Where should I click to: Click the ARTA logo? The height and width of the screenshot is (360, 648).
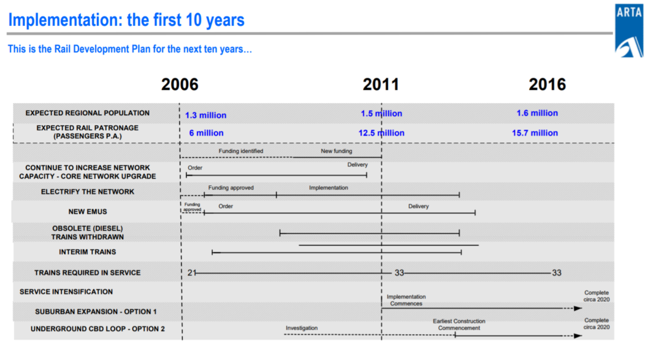629,30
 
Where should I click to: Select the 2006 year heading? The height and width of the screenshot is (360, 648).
180,84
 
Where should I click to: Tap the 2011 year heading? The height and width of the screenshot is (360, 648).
381,84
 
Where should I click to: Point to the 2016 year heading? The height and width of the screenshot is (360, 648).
547,84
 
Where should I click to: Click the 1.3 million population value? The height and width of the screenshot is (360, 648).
206,115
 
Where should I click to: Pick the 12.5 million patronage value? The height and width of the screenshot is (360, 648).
382,133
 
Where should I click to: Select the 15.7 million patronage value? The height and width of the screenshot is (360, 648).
535,133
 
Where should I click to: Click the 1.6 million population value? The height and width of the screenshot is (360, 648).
537,113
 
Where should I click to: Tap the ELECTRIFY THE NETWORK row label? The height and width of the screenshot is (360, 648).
87,192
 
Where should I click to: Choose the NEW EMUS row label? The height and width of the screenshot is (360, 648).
87,211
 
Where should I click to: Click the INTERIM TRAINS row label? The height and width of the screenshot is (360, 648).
87,252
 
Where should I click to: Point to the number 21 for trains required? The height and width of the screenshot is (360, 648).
191,273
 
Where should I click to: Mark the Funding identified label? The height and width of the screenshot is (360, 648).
241,151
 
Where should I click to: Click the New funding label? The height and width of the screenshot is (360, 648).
337,151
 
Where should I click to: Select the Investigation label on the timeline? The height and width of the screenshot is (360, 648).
302,328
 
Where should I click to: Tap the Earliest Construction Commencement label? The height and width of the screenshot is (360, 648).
459,325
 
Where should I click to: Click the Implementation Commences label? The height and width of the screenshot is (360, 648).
406,300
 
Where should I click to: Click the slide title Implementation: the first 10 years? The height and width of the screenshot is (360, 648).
127,20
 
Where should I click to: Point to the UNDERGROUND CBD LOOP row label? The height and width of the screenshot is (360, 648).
97,329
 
